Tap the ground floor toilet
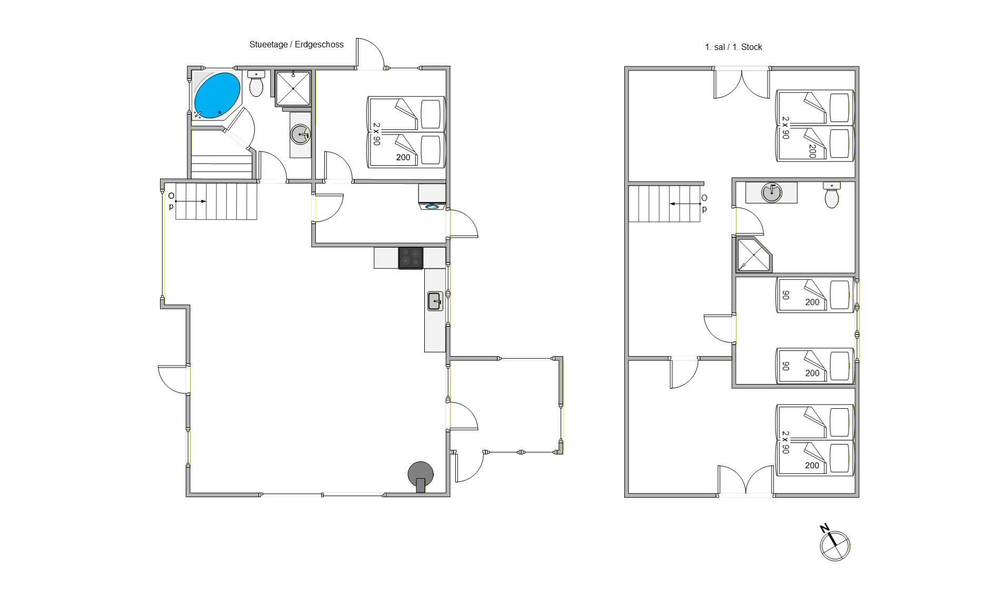[256, 84]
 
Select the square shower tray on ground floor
[293, 88]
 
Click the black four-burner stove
[411, 258]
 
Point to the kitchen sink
[435, 301]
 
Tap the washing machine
[432, 197]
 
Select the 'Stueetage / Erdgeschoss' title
[296, 45]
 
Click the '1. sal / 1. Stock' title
[733, 47]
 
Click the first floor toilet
[832, 195]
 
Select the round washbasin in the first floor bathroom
[771, 192]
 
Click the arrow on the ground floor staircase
[190, 201]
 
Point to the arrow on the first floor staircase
[684, 204]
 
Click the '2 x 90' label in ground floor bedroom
[376, 134]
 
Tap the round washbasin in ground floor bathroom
[300, 134]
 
